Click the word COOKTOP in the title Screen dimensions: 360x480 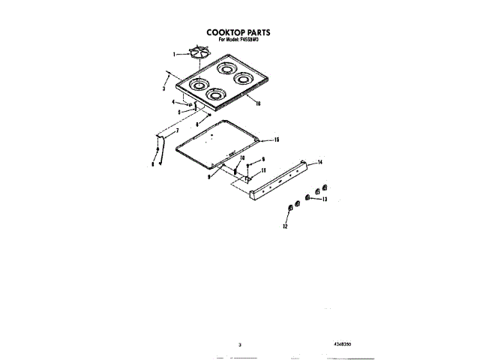pyautogui.click(x=223, y=33)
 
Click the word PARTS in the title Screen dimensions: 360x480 pyautogui.click(x=258, y=33)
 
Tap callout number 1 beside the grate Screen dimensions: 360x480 pyautogui.click(x=175, y=54)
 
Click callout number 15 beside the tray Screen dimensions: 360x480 pyautogui.click(x=277, y=140)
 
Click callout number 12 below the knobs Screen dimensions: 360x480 pyautogui.click(x=285, y=226)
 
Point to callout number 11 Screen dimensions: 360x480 pyautogui.click(x=263, y=171)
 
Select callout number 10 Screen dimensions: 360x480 pyautogui.click(x=242, y=157)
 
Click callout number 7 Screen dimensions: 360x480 pyautogui.click(x=177, y=131)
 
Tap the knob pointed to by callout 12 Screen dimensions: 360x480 pyautogui.click(x=289, y=207)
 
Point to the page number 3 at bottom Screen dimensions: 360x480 pyautogui.click(x=239, y=344)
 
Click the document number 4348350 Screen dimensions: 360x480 pyautogui.click(x=341, y=343)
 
